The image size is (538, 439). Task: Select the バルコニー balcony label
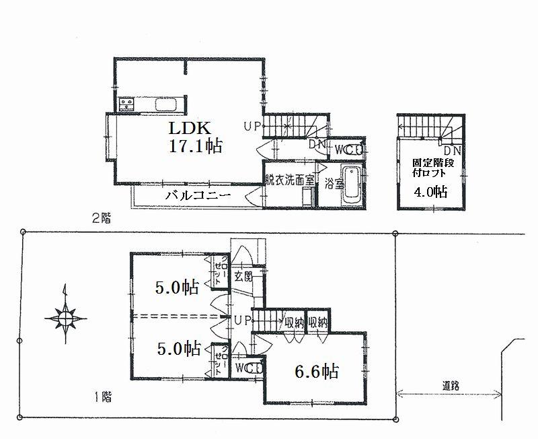[x=198, y=195]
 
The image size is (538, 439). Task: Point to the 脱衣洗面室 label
[x=290, y=180]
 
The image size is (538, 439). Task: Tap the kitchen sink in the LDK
[x=166, y=104]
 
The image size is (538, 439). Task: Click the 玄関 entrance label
[x=243, y=275]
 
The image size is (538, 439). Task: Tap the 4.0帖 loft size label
[x=430, y=191]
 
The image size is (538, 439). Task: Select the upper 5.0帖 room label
[x=176, y=288]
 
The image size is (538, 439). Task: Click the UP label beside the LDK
[x=253, y=126]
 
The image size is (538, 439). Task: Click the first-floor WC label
[x=248, y=368]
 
